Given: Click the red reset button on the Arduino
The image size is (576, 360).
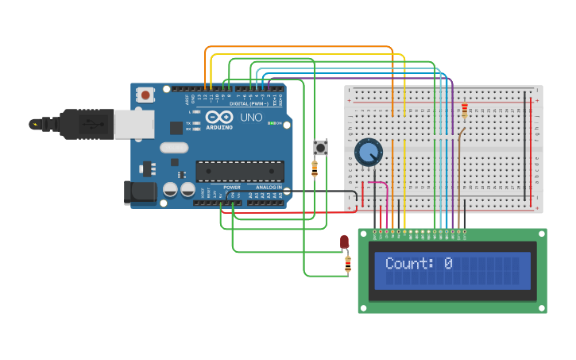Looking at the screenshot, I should click(145, 95).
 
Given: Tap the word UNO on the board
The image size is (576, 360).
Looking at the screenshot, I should click(251, 117).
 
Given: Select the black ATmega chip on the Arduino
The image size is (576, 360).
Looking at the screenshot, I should click(240, 171).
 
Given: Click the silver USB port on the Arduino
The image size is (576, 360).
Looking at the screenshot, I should click(133, 124).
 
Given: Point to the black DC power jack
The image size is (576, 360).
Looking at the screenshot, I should click(139, 192).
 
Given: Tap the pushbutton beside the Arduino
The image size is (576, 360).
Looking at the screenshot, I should click(321, 147).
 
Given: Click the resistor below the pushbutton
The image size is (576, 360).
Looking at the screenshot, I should click(315, 168).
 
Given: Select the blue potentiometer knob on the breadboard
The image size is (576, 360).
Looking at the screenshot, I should click(368, 152).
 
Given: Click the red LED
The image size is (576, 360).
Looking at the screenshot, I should click(344, 242).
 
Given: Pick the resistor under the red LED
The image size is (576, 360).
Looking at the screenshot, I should click(347, 263).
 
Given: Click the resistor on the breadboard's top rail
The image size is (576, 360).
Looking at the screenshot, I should click(465, 110).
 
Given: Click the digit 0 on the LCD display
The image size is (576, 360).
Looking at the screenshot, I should click(448, 263).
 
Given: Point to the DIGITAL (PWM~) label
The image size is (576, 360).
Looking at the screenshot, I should click(249, 103).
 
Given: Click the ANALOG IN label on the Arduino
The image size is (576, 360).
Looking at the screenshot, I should click(269, 188).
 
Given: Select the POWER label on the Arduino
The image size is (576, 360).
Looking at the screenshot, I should click(231, 188).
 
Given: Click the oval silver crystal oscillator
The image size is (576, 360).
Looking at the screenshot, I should click(174, 147).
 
